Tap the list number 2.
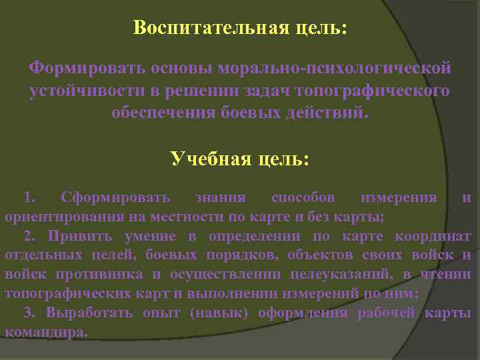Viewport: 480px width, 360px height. click(x=29, y=235)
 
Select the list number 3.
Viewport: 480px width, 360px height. click(x=29, y=313)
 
